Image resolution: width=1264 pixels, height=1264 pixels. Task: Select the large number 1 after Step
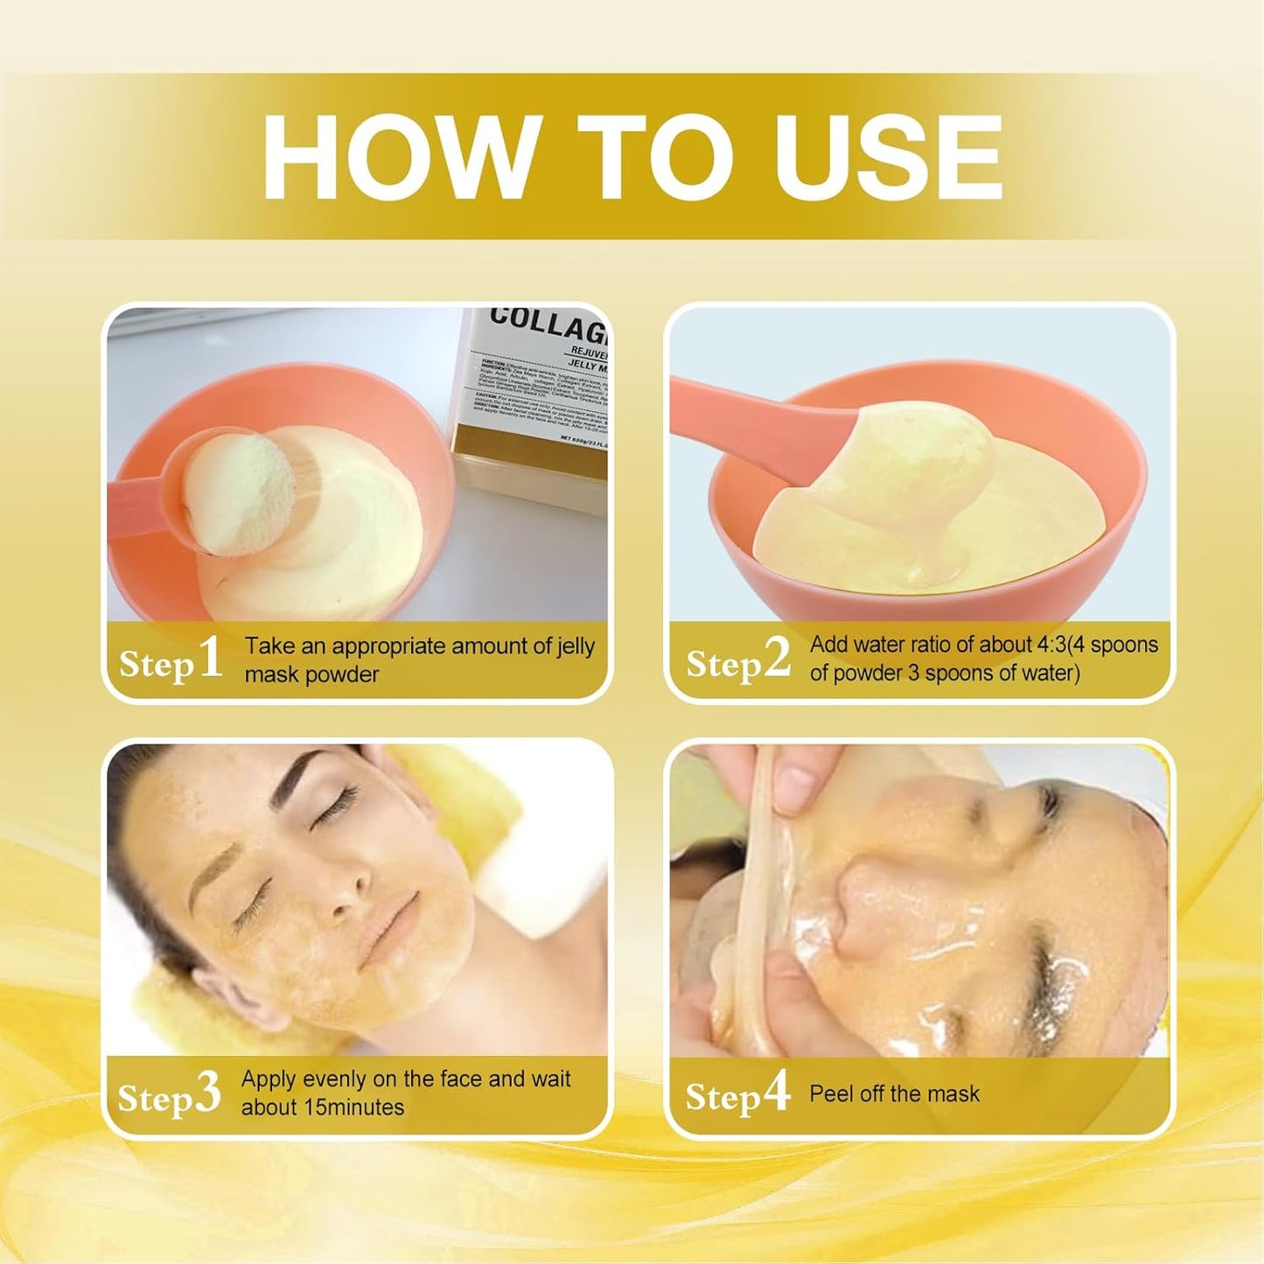pos(211,658)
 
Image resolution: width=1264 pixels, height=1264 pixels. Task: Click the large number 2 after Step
pos(777,658)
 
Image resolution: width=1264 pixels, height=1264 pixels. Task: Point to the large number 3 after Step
pos(207,1093)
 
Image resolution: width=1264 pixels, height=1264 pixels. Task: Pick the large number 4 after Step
pos(776,1092)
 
